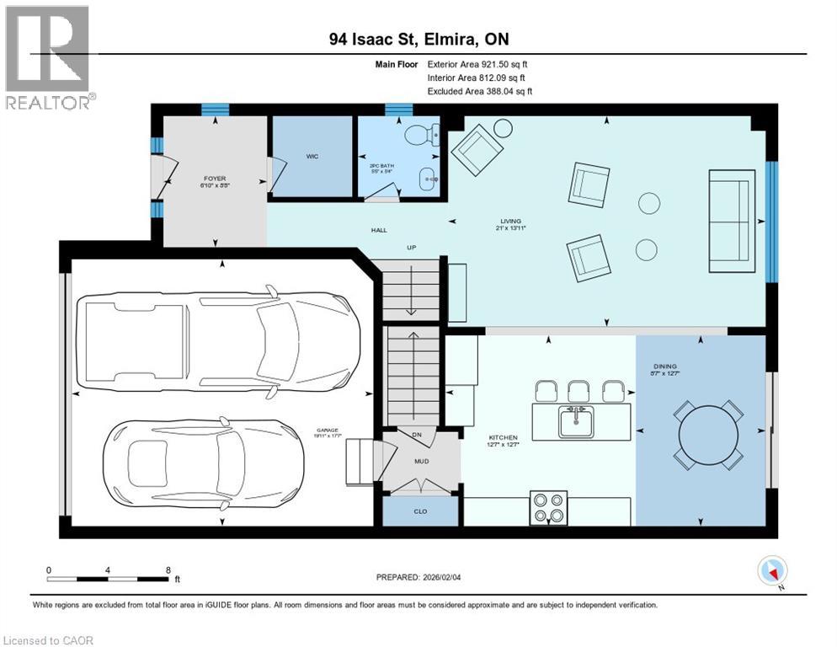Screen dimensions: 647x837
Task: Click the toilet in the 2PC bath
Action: coord(425,135)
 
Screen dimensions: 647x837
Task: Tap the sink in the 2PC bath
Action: coord(429,178)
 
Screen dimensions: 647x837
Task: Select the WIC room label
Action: coord(311,157)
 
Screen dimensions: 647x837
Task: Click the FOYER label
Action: coord(215,179)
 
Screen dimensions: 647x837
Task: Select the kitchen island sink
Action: coord(577,418)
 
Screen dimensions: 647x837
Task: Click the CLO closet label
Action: coord(421,511)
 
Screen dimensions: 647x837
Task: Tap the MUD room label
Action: coord(421,462)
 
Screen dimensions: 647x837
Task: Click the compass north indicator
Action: coord(773,571)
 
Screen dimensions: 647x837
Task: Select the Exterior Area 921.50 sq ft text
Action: coord(477,64)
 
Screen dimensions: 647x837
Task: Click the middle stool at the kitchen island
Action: coord(578,391)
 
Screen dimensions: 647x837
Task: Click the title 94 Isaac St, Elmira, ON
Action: coord(418,40)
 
